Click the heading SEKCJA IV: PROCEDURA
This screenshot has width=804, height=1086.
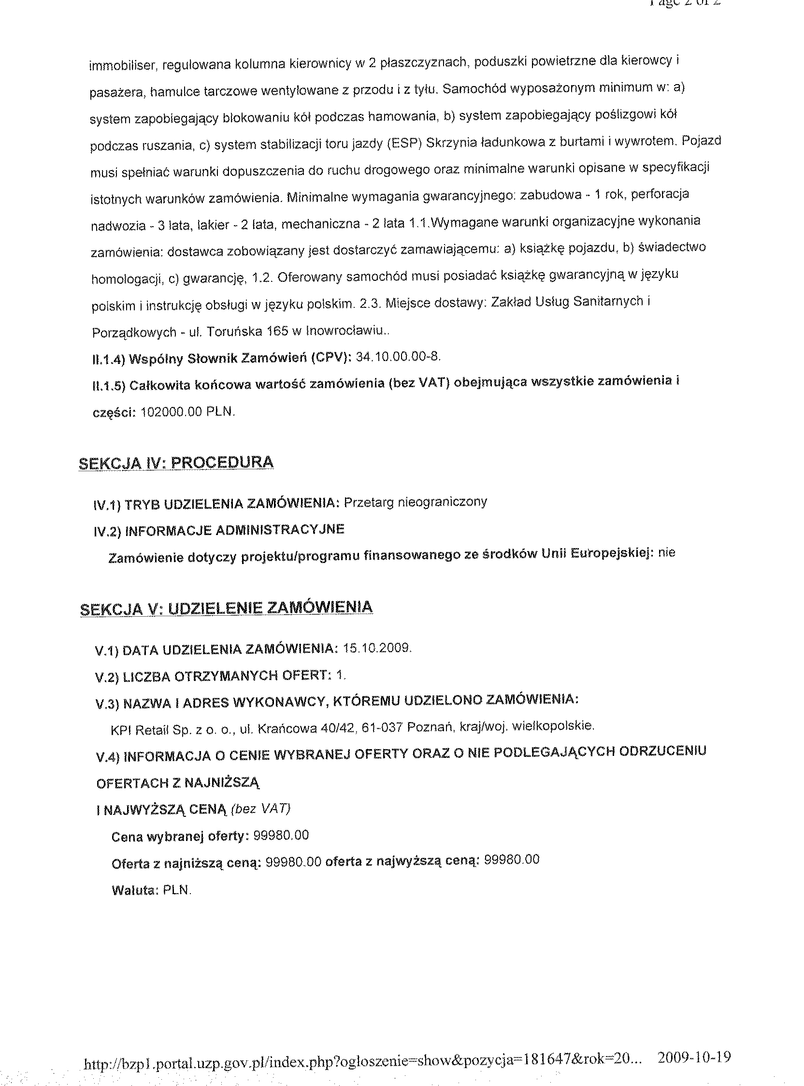(x=176, y=463)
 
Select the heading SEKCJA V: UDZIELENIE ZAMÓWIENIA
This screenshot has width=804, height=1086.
(x=226, y=608)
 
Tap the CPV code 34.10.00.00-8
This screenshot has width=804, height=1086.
(x=398, y=357)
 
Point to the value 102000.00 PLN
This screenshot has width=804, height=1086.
(x=188, y=412)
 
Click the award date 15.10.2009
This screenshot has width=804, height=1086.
(x=377, y=649)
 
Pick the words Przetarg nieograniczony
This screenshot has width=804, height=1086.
(x=415, y=502)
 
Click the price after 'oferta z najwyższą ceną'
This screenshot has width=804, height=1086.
(x=513, y=859)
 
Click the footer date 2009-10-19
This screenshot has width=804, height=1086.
(x=693, y=1054)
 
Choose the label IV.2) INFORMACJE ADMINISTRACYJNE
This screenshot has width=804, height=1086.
(x=218, y=530)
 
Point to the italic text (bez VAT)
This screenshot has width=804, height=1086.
(x=261, y=809)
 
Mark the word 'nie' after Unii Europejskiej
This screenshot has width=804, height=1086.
(x=666, y=553)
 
